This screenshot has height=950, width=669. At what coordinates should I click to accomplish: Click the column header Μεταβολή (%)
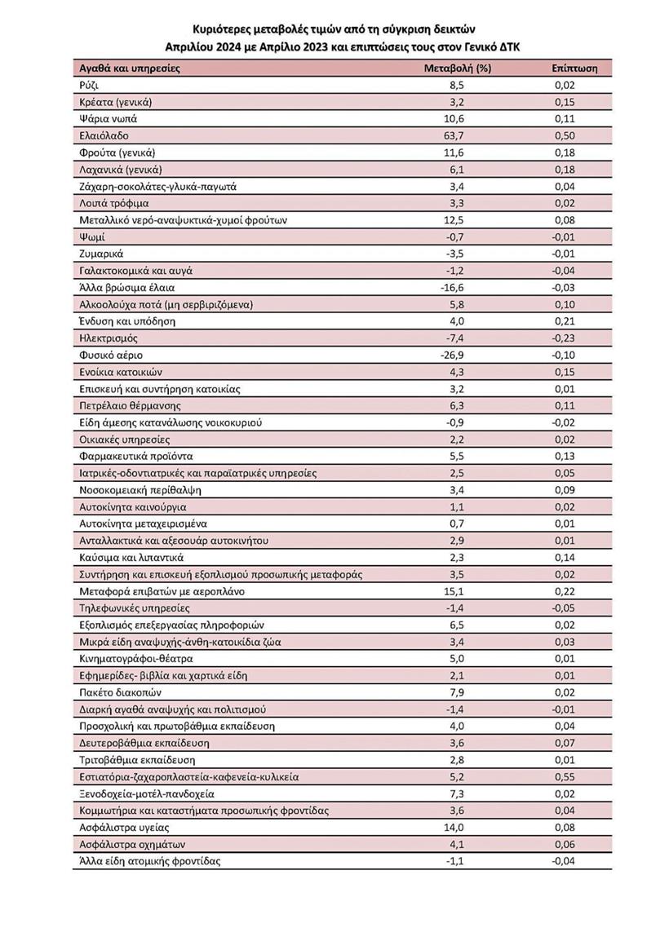pos(458,68)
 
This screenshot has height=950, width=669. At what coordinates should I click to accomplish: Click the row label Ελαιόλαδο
pos(104,135)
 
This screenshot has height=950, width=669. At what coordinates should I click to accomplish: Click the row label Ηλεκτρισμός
pos(109,338)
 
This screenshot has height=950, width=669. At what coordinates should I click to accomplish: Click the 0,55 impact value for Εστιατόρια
pos(563,776)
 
